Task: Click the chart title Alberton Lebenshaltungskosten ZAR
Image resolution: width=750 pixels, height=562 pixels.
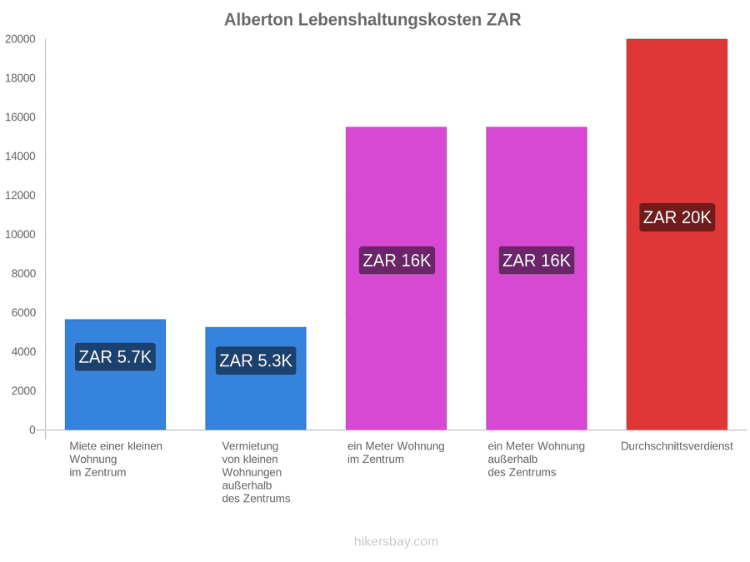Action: click(x=372, y=20)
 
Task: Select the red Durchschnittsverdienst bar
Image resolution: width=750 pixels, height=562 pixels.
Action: click(x=677, y=234)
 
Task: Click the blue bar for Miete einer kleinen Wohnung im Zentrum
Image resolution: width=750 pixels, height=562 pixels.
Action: click(x=115, y=374)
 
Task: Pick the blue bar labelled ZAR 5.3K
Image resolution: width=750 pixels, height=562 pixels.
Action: click(x=256, y=378)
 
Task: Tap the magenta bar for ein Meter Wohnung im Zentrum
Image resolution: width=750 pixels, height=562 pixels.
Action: click(x=396, y=278)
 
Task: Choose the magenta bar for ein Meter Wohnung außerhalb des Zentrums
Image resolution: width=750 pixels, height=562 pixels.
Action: click(x=537, y=278)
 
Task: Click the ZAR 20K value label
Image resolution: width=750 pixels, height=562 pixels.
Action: click(x=677, y=217)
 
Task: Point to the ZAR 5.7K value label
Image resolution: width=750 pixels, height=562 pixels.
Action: click(x=115, y=357)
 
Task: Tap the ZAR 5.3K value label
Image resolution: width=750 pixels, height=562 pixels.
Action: click(x=256, y=361)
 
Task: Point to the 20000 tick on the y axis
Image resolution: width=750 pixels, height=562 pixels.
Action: click(x=20, y=39)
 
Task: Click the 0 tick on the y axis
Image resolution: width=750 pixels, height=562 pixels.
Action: click(x=32, y=430)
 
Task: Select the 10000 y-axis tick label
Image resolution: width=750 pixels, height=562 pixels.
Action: click(x=20, y=235)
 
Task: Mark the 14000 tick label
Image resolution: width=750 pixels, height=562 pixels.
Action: click(x=20, y=157)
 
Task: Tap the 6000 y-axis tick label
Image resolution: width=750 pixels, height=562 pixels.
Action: click(x=23, y=312)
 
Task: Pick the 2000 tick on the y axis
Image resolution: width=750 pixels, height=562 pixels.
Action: click(x=23, y=391)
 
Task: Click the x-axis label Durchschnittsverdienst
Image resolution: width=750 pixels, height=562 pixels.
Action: click(x=677, y=446)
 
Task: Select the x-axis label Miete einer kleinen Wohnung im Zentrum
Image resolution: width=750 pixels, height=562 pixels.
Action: click(x=116, y=460)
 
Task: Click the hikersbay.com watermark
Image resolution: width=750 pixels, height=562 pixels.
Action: click(x=396, y=541)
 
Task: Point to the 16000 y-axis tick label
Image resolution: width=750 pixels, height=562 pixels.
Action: click(x=20, y=117)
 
